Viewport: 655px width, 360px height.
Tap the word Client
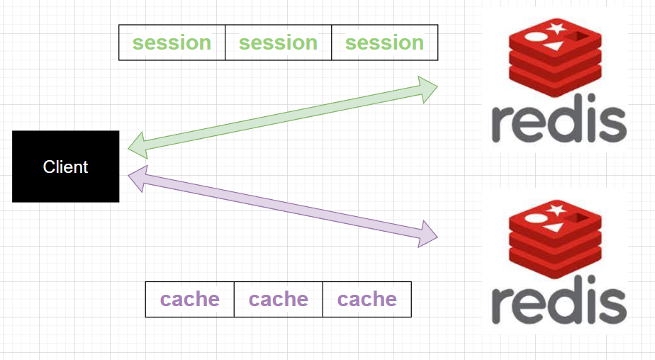65,167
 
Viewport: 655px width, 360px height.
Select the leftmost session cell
172,43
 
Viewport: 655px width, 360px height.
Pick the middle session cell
278,43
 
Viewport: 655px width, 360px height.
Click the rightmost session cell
384,43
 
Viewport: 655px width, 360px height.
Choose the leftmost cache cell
189,299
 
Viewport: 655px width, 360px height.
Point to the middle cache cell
278,299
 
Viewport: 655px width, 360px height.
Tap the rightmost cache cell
366,299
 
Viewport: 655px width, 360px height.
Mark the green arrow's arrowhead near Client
137,147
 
